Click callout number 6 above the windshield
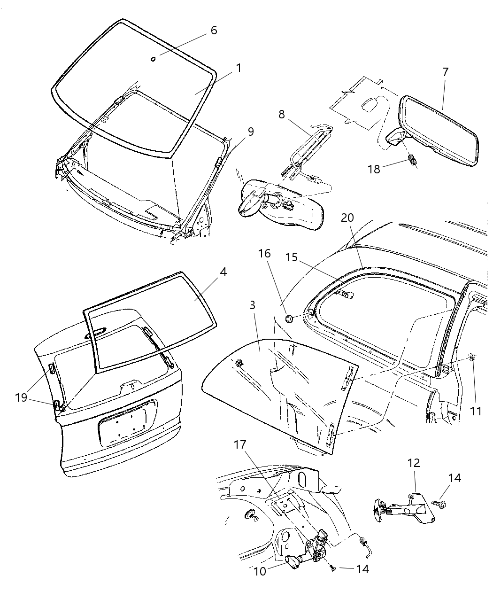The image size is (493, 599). point(214,31)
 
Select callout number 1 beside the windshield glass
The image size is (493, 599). point(238,69)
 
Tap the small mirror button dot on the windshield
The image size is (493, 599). point(153,59)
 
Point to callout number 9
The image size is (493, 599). point(251,132)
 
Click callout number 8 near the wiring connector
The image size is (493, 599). point(281,115)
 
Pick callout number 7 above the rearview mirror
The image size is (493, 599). point(445,72)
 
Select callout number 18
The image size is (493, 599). point(374,169)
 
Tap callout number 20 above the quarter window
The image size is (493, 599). point(347,218)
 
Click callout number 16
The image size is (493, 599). point(264,254)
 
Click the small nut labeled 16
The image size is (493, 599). point(289,319)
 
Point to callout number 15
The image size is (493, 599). point(292,258)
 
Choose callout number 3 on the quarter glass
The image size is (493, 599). point(252,305)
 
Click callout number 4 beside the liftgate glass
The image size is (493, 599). point(223,272)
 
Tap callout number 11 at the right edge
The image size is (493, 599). point(475,411)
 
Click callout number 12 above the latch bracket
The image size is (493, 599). point(414,463)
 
